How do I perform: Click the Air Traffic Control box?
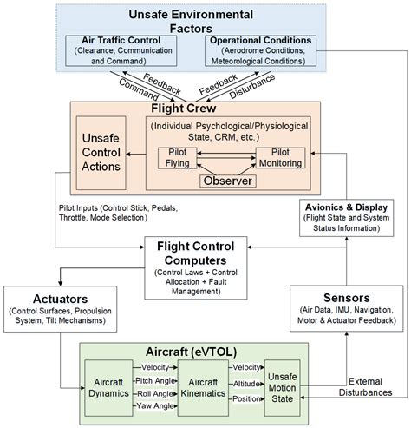(121, 50)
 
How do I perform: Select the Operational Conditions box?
(260, 50)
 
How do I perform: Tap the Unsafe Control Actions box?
(101, 153)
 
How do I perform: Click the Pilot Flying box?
(178, 158)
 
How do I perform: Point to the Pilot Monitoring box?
(280, 158)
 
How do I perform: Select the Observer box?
(228, 181)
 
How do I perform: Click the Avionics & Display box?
(346, 218)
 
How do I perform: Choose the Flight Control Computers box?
(196, 267)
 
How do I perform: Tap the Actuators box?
(60, 309)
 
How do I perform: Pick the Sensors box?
(346, 308)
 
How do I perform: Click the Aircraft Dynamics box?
(108, 388)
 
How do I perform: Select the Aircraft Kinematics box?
(203, 388)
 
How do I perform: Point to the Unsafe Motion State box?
(282, 388)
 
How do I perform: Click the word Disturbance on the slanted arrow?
(252, 86)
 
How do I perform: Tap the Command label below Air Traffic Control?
(139, 89)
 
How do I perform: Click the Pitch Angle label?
(155, 381)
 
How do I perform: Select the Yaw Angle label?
(155, 405)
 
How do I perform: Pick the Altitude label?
(246, 384)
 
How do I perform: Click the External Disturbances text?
(365, 387)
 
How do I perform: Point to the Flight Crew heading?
(184, 109)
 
